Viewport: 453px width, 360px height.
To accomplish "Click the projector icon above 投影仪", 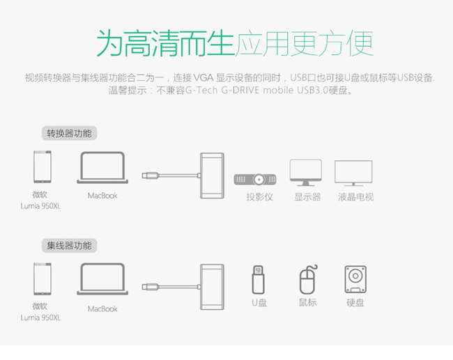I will pos(254,179).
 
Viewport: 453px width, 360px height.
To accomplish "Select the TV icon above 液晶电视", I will pos(353,173).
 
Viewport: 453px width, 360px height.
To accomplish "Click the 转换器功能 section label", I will pos(69,133).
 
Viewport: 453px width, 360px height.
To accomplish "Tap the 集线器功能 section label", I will pos(69,245).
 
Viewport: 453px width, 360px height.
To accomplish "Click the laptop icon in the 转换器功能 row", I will pos(102,169).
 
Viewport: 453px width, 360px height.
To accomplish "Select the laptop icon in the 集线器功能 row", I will pos(102,281).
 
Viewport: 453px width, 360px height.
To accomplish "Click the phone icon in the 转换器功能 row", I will pos(41,168).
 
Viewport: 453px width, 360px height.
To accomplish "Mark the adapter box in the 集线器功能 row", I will pos(213,285).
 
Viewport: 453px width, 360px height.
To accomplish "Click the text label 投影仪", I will pos(259,197).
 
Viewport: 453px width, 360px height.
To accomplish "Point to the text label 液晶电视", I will pos(355,197).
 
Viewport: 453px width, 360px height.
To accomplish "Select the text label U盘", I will pos(259,303).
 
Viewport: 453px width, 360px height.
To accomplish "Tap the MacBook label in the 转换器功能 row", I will pos(102,196).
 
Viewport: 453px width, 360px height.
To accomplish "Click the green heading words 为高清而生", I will pos(164,43).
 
